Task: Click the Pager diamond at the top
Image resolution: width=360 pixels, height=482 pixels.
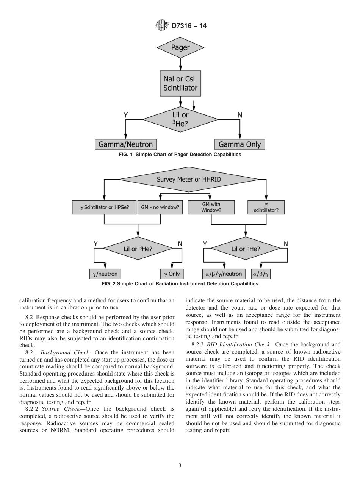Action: coord(180,48)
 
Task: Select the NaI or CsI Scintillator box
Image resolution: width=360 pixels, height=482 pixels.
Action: coord(180,84)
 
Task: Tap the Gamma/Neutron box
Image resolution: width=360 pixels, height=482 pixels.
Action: coord(125,144)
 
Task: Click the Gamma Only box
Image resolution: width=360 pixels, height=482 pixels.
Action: coord(239,144)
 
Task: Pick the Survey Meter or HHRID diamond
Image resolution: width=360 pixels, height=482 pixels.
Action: coord(189,179)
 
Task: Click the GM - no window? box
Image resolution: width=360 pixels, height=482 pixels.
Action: coord(160,207)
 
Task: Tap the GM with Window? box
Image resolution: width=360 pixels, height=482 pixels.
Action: coord(211,207)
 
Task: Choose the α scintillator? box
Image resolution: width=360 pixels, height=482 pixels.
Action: coord(266,207)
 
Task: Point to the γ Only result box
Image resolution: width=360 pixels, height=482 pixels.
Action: coord(172,274)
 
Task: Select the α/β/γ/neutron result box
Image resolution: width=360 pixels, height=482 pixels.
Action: coord(223,274)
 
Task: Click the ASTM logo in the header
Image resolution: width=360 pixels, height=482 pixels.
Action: coord(161,26)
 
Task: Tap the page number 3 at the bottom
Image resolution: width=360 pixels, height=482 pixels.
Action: coord(180,466)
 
